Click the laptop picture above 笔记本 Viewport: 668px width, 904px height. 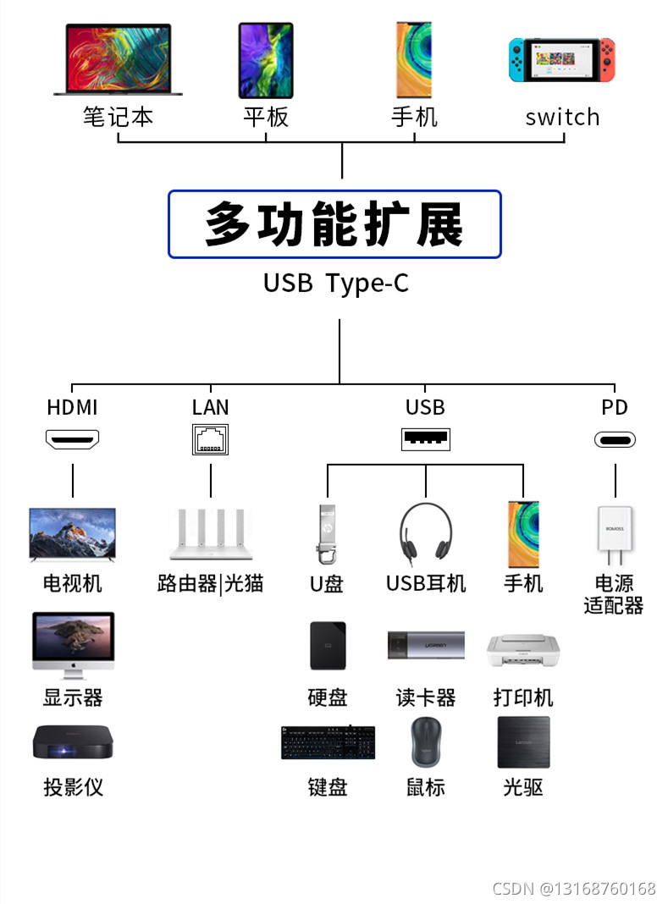pyautogui.click(x=118, y=60)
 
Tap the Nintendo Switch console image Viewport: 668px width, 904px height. pyautogui.click(x=561, y=60)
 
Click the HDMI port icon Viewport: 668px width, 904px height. pyautogui.click(x=72, y=439)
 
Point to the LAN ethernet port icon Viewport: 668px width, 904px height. pyautogui.click(x=210, y=439)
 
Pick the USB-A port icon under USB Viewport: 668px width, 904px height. pyautogui.click(x=425, y=439)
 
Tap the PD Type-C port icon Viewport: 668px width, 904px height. pyautogui.click(x=615, y=439)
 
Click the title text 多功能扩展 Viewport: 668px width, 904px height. pyautogui.click(x=334, y=224)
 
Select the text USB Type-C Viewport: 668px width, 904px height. pyautogui.click(x=335, y=283)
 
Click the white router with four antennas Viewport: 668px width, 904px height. pyautogui.click(x=209, y=534)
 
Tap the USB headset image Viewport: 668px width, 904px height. pyautogui.click(x=425, y=533)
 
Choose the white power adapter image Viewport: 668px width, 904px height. pyautogui.click(x=615, y=536)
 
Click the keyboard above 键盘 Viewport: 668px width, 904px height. pyautogui.click(x=328, y=742)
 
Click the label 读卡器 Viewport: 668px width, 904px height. pyautogui.click(x=425, y=697)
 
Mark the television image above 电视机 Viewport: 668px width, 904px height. pyautogui.click(x=72, y=534)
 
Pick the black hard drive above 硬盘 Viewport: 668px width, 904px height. pyautogui.click(x=328, y=648)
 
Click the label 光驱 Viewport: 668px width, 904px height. pyautogui.click(x=523, y=787)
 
